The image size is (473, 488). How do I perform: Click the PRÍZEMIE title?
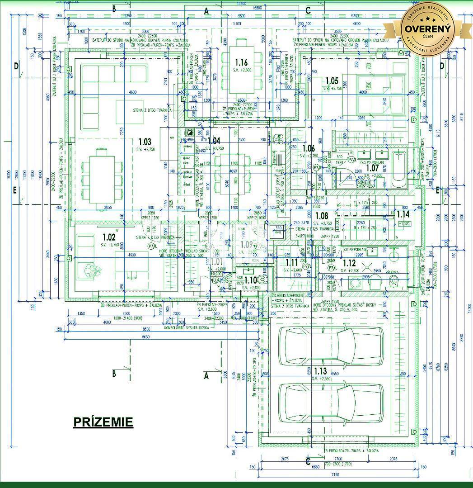tap(103, 422)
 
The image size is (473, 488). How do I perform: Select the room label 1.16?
tap(242, 62)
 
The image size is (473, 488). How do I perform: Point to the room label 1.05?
tap(332, 81)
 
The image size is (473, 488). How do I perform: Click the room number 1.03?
tap(145, 142)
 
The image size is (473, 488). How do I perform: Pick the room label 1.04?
tap(214, 141)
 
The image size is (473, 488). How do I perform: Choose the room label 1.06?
tap(309, 148)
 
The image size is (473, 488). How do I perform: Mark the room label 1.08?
tap(322, 216)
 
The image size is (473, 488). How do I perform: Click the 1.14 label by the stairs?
tap(403, 214)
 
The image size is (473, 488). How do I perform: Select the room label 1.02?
tap(109, 237)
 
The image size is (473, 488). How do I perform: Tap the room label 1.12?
tap(350, 263)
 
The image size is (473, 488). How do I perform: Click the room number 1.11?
tap(291, 262)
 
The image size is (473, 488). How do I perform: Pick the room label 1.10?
tap(250, 280)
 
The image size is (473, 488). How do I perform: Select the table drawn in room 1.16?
tap(242, 71)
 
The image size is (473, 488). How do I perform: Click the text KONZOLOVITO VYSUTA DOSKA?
tap(187, 327)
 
